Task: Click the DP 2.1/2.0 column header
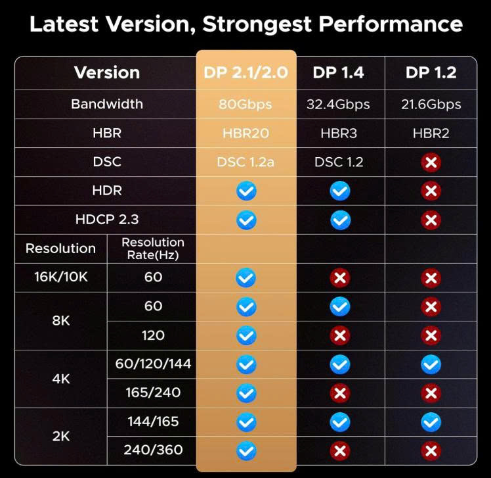[x=246, y=72]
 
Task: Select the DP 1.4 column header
[x=339, y=72]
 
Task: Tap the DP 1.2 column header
[x=431, y=72]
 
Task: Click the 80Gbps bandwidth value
[x=246, y=105]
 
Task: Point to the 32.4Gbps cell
[x=339, y=105]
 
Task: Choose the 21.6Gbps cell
[x=431, y=105]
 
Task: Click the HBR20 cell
[x=246, y=133]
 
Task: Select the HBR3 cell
[x=339, y=133]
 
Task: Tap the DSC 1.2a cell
[x=246, y=162]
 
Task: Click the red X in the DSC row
[x=431, y=162]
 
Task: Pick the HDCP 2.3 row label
[x=107, y=220]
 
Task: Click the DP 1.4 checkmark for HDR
[x=339, y=191]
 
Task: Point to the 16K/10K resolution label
[x=61, y=277]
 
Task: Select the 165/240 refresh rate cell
[x=153, y=393]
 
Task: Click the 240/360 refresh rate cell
[x=153, y=450]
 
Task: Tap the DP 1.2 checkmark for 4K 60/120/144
[x=431, y=364]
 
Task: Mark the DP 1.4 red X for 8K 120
[x=339, y=335]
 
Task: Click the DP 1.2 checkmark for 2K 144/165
[x=431, y=421]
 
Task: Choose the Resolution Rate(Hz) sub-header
[x=153, y=249]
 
